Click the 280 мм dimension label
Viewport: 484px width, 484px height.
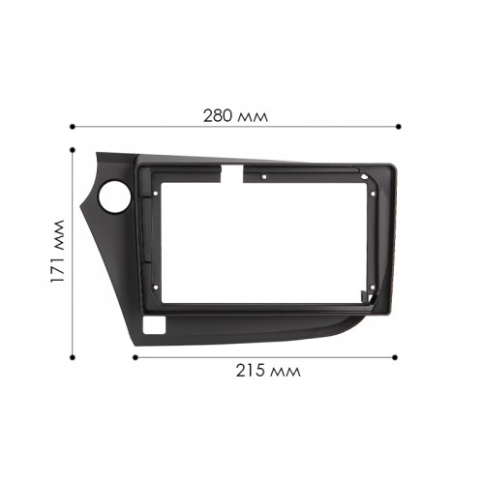[235, 116]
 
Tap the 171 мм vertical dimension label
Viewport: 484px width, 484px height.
[58, 251]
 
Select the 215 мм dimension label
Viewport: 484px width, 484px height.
[268, 371]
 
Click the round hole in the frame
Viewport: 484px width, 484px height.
[115, 197]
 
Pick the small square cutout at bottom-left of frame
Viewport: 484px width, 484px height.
[154, 324]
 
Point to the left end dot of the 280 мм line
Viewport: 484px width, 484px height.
[73, 127]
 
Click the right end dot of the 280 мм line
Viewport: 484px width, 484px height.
[399, 127]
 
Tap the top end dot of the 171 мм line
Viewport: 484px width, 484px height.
[73, 150]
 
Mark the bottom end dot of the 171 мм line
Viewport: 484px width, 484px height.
[73, 357]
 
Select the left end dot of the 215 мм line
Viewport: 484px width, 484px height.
[136, 357]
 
